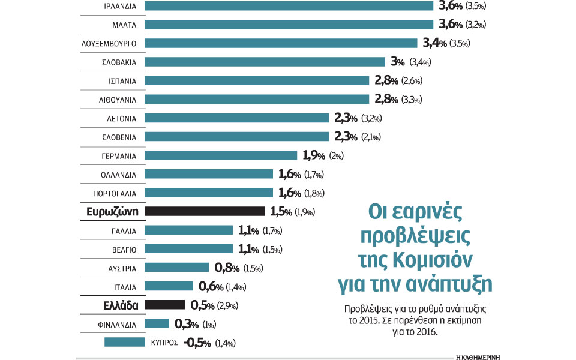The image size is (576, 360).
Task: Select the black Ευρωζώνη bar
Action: tap(205, 211)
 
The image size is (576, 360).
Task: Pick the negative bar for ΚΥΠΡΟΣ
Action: tap(125, 343)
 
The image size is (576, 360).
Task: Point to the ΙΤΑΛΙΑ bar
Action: tap(169, 286)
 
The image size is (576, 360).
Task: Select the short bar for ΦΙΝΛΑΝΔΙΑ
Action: tap(157, 324)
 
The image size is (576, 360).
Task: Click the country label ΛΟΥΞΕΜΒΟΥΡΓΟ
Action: tap(111, 44)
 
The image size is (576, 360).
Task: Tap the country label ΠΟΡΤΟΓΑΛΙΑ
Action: tap(116, 193)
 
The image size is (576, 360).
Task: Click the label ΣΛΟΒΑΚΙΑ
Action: tap(119, 62)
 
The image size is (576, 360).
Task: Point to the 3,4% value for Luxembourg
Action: tap(434, 43)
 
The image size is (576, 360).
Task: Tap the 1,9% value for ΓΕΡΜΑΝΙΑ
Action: tap(314, 156)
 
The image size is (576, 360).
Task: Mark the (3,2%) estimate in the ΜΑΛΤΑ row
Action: tap(472, 25)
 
